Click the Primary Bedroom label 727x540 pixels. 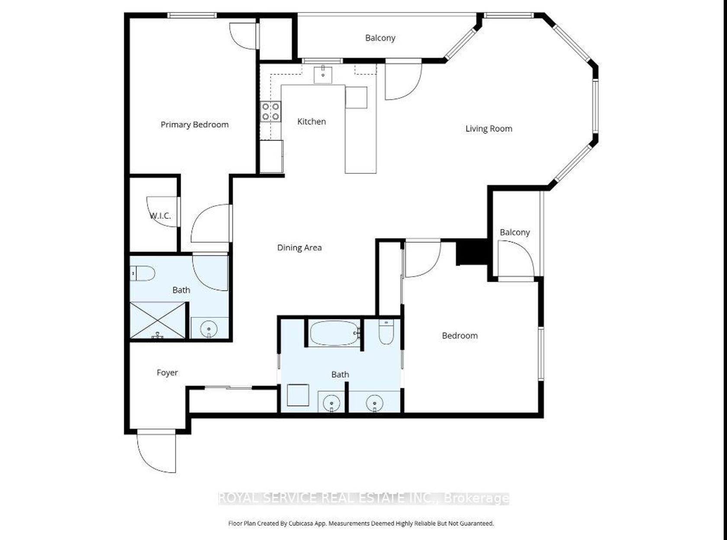pos(194,125)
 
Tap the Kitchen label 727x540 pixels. pos(312,121)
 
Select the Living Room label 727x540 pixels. pos(489,129)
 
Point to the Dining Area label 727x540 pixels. pos(299,248)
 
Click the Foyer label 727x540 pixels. pos(167,373)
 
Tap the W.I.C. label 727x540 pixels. pos(160,216)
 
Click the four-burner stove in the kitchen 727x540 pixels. pos(271,112)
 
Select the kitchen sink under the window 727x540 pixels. pos(323,75)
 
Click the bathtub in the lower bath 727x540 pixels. pos(335,333)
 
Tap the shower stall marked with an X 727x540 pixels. pos(158,320)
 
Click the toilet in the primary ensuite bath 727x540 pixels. pos(142,273)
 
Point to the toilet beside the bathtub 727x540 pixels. pos(386,332)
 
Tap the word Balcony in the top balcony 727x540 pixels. pos(380,38)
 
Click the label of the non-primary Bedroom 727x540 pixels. pos(460,336)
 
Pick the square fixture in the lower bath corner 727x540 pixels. pos(298,395)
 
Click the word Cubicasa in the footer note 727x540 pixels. pos(299,523)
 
